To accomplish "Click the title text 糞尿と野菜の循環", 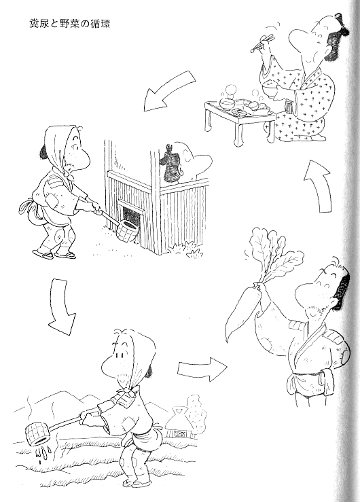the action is (x=70, y=24).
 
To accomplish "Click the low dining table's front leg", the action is (x=239, y=133).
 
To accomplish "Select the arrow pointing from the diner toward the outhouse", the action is (x=168, y=90).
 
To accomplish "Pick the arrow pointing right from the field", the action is (x=202, y=369).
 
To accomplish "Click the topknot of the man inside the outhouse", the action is (x=170, y=163).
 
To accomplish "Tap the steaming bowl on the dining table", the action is (x=228, y=104).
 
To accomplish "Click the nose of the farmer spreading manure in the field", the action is (x=109, y=365).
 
